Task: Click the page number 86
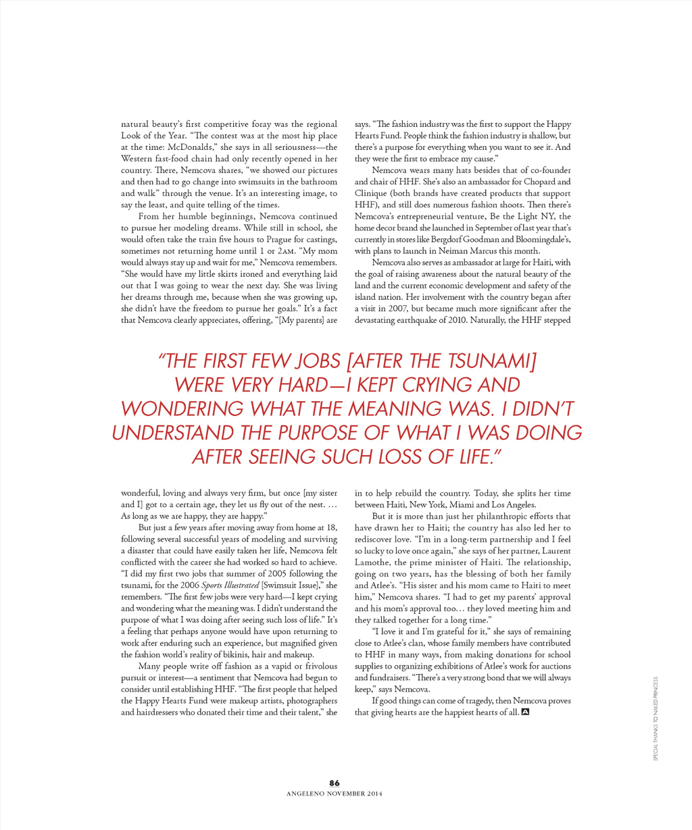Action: coord(335,783)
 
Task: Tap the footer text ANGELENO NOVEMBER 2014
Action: coord(335,794)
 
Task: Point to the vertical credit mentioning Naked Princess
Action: coord(655,719)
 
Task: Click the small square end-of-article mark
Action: coord(525,712)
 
